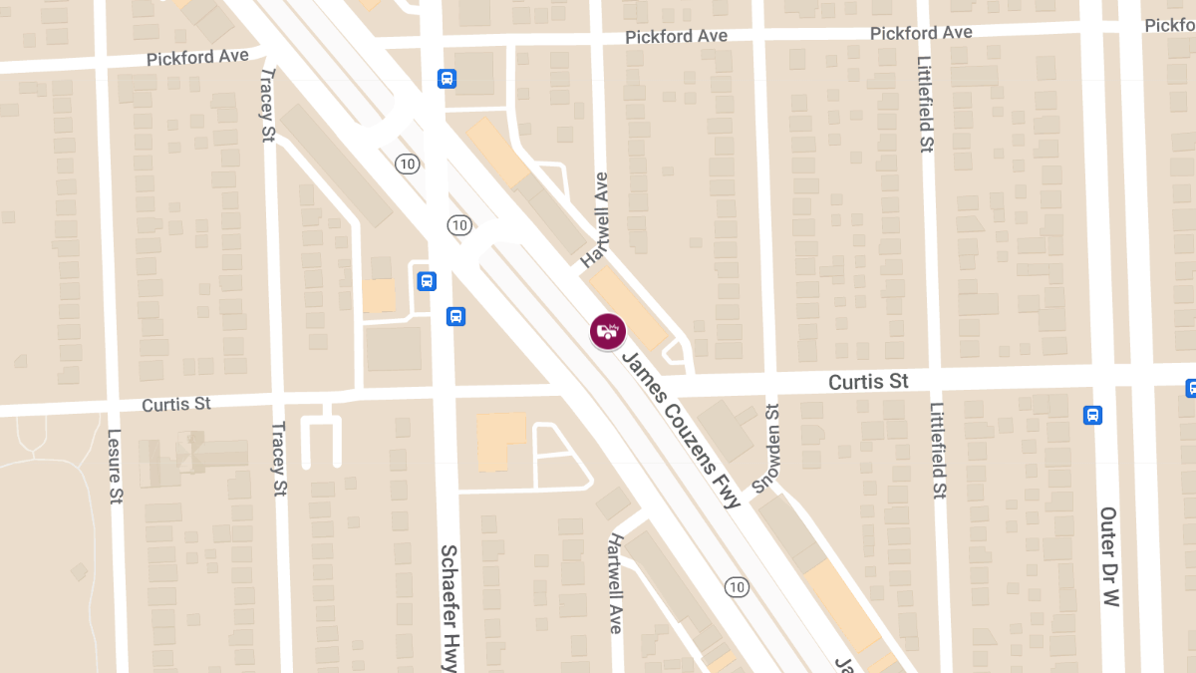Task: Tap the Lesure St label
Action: [115, 466]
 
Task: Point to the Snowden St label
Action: [766, 448]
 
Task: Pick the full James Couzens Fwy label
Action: [683, 429]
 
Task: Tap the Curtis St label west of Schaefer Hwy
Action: [176, 404]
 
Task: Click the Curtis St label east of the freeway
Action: [869, 382]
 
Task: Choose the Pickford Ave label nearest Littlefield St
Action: [921, 33]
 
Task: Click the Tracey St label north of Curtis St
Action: [266, 105]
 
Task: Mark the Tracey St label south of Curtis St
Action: [278, 459]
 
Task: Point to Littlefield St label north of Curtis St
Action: [926, 104]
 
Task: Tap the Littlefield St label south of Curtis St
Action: [938, 451]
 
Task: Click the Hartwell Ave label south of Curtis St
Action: [615, 583]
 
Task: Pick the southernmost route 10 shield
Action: [737, 587]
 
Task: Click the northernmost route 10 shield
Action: [406, 164]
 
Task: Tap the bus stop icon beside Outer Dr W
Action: [1092, 415]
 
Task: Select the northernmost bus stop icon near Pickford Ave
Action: [447, 78]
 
